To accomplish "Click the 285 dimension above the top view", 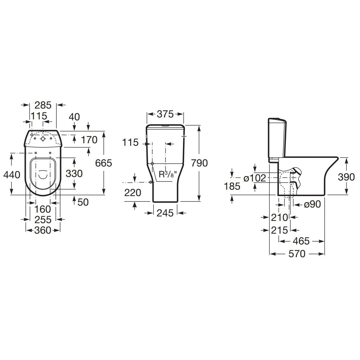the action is click(43, 105).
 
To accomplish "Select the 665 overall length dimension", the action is click(103, 163).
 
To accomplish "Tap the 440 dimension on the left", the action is click(12, 175).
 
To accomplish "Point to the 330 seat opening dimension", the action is click(74, 173).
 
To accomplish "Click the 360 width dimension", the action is click(43, 230).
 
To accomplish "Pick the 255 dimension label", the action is click(43, 220).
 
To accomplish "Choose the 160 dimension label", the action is click(42, 209).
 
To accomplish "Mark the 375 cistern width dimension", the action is click(165, 114).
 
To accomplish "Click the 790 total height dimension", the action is click(199, 163).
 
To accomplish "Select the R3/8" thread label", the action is click(168, 174).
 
